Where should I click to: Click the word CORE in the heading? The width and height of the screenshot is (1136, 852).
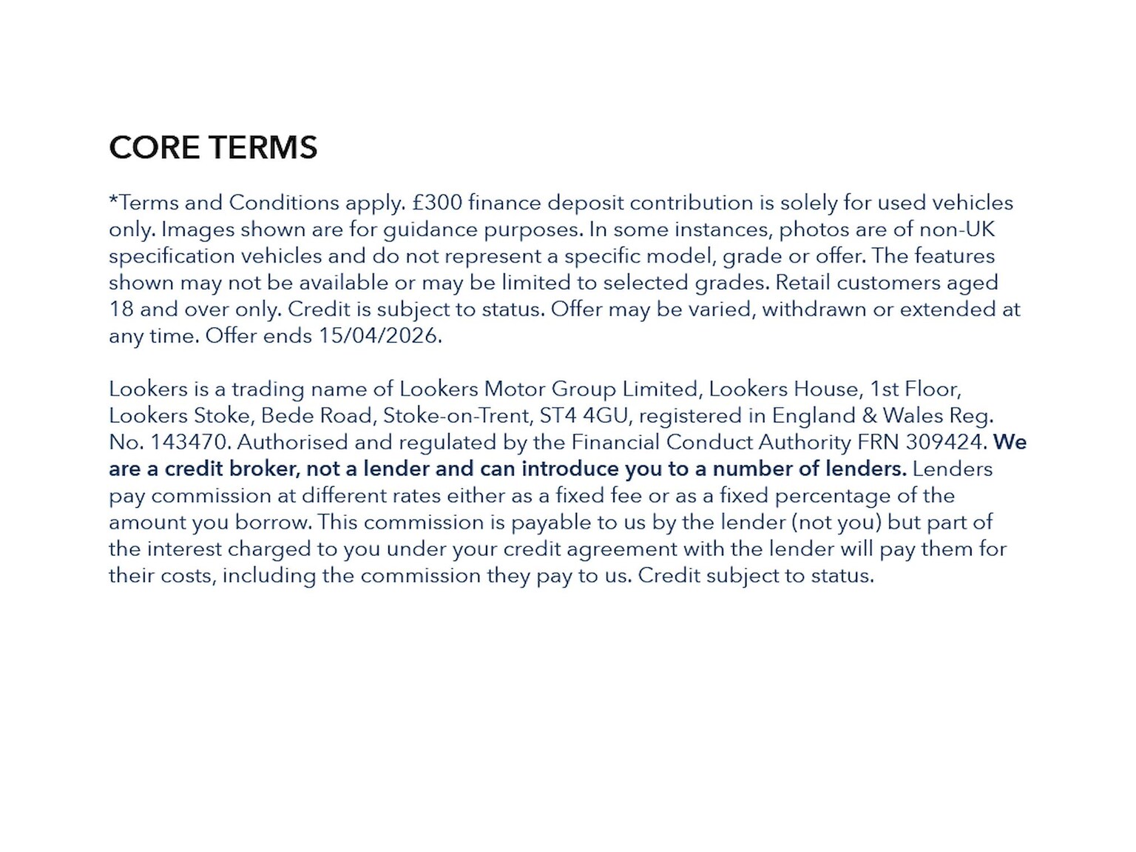point(154,147)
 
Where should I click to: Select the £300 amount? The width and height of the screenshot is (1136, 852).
point(437,202)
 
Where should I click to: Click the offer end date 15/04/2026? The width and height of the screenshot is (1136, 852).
point(379,335)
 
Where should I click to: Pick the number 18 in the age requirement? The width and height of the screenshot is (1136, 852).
point(121,309)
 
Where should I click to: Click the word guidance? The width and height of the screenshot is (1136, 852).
point(429,229)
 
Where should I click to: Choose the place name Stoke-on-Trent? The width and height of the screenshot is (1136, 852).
point(456,415)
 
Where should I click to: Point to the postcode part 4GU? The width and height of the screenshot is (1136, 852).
point(605,415)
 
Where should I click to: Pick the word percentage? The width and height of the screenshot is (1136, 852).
point(833,495)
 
